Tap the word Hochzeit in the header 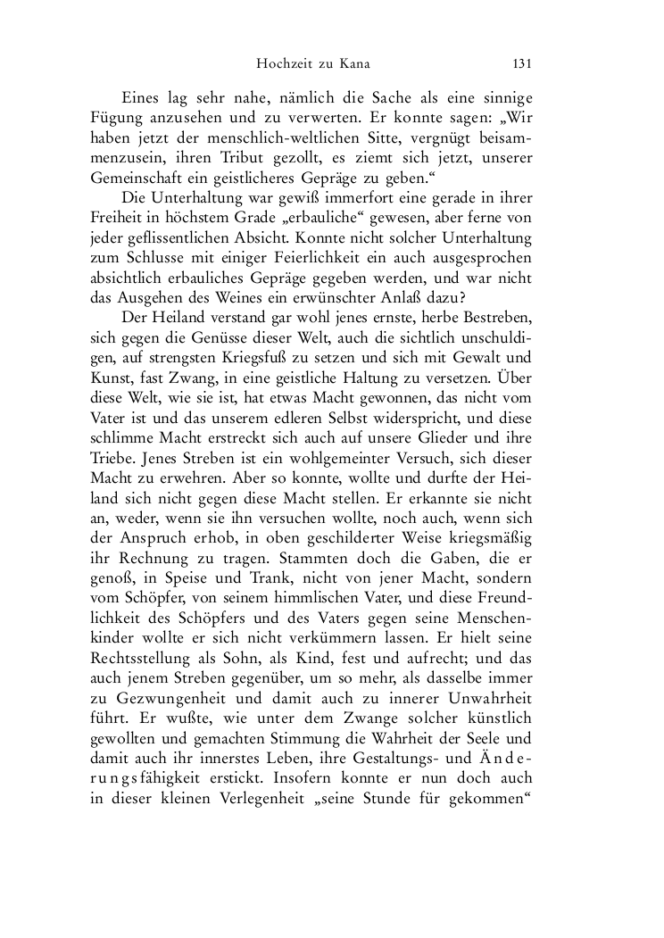pyautogui.click(x=284, y=63)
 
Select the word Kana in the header pyautogui.click(x=353, y=63)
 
